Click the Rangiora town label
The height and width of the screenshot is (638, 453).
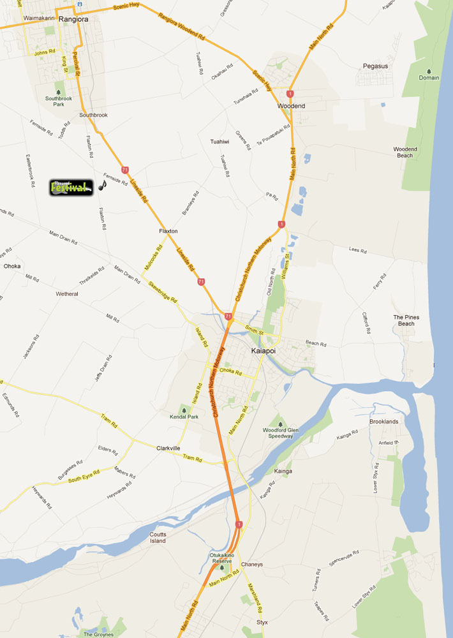[x=73, y=20]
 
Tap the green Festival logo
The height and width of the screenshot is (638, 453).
[x=72, y=187]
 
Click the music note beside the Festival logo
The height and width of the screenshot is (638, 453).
[x=103, y=186]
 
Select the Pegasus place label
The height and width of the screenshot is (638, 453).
[x=375, y=66]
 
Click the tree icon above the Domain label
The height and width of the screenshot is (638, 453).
[x=429, y=71]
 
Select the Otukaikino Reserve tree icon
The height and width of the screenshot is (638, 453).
[x=222, y=568]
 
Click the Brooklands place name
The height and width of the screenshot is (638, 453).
[x=383, y=422]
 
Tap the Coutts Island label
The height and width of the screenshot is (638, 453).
[x=158, y=538]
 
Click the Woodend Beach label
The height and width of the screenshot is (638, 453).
[x=405, y=152]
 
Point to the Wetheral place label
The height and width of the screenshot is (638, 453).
[x=67, y=294]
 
